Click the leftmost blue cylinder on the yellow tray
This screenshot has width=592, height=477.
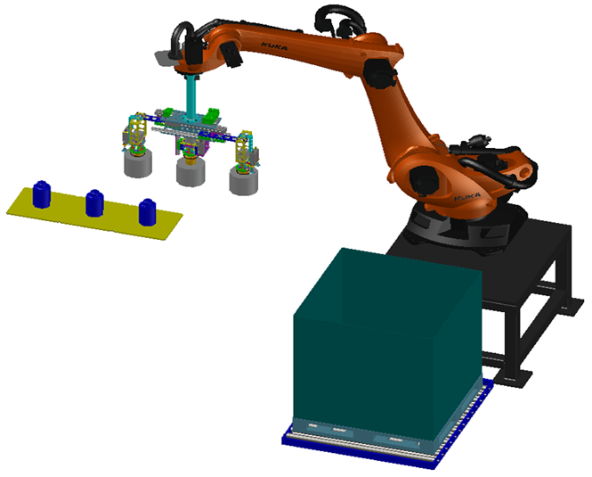click(x=42, y=194)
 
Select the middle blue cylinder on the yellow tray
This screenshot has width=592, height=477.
click(x=94, y=203)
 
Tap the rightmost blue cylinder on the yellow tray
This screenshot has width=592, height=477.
click(x=147, y=212)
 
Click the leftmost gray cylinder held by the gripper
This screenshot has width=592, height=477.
click(x=138, y=163)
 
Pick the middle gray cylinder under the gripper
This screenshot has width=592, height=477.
click(x=191, y=172)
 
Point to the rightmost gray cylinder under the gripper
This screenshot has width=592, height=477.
click(x=244, y=181)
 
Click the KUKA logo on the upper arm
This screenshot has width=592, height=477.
click(x=274, y=47)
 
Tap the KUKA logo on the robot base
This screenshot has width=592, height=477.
click(x=467, y=197)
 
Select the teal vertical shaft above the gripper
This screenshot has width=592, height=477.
click(x=191, y=96)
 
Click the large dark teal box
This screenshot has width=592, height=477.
click(x=387, y=344)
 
